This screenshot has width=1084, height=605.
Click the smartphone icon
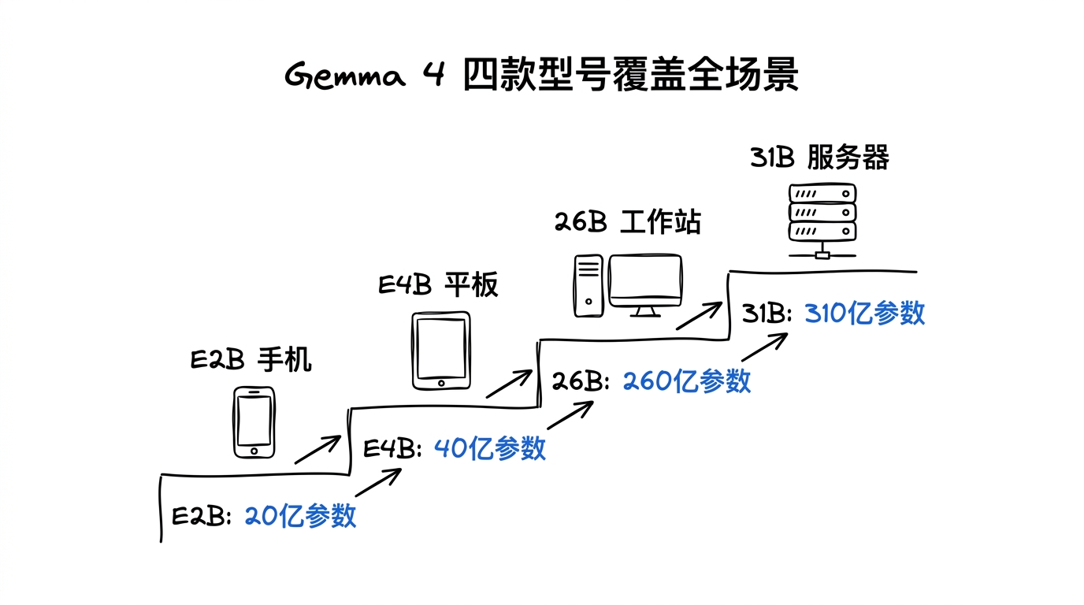coord(254,421)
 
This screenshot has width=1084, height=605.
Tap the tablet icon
coord(440,351)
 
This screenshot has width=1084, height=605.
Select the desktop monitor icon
coord(645,284)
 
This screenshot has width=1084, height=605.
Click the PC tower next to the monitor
coord(588,285)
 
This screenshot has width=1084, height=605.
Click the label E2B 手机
coord(251,360)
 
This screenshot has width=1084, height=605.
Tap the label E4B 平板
coord(438,284)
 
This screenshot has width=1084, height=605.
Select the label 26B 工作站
coord(627,222)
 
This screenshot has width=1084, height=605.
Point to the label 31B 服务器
coord(819,158)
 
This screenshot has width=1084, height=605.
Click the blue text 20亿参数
coord(300,516)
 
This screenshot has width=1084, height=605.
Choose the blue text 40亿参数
coord(489,448)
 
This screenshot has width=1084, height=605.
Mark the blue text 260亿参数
coord(686,381)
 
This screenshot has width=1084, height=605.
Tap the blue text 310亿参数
coord(864,314)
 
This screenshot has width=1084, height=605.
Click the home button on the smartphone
coord(254,451)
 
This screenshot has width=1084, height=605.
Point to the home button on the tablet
coord(440,383)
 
